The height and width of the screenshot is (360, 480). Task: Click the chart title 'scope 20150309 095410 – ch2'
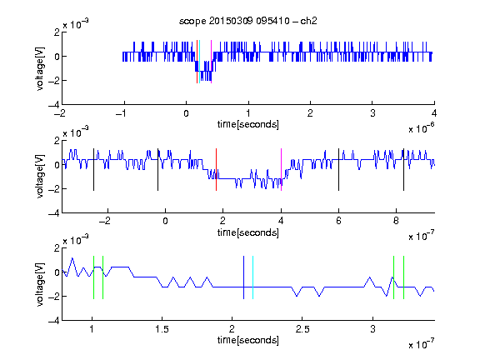tap(248, 21)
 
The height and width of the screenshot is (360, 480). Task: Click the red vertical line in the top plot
tap(197, 62)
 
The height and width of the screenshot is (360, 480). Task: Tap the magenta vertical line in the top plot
tap(211, 62)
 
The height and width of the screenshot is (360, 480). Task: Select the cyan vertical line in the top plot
tap(200, 62)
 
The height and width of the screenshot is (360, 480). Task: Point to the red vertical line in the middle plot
tap(216, 170)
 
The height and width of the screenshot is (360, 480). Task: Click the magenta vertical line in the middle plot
tap(281, 170)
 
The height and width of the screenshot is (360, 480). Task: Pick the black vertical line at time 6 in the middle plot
tap(338, 170)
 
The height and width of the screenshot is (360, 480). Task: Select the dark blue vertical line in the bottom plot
tap(243, 277)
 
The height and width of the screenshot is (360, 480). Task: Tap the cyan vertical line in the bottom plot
tap(252, 277)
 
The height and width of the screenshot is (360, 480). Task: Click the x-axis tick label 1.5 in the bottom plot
tap(162, 329)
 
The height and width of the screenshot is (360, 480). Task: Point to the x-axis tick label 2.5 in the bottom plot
tap(302, 329)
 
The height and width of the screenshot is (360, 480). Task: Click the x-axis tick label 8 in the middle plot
tap(396, 221)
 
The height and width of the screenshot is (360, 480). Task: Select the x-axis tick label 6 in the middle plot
tap(338, 221)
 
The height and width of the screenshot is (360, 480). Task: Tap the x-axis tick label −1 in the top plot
tap(122, 113)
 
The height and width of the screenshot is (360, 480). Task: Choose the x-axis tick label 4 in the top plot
tap(434, 113)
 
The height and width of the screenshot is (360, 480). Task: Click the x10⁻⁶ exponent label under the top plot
tap(422, 128)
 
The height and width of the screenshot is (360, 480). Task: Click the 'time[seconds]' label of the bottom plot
tap(248, 340)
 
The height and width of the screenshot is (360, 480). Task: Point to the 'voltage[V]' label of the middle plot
tap(40, 177)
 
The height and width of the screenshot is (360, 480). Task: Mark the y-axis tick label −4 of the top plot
tap(54, 105)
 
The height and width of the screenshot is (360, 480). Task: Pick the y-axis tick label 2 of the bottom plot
tap(57, 248)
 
